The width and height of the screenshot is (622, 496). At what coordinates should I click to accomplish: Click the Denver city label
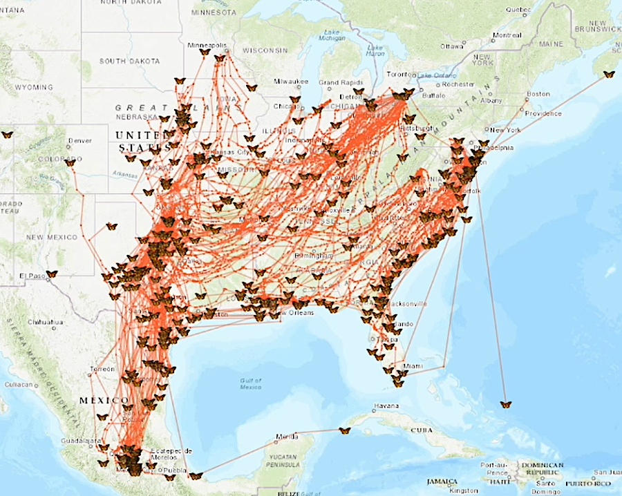pos(79,141)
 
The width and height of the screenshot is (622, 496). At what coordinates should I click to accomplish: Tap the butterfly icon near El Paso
pos(51,274)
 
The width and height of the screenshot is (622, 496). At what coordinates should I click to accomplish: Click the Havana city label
pos(386,405)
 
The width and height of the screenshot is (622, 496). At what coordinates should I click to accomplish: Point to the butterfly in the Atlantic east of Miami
pos(506,404)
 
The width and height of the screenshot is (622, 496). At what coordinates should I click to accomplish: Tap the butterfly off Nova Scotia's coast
pos(608,74)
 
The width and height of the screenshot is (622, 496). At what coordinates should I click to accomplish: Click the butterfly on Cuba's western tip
pos(344,430)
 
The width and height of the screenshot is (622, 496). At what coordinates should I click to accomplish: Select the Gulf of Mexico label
pos(250,383)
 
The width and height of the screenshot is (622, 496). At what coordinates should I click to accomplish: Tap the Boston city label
pos(538,93)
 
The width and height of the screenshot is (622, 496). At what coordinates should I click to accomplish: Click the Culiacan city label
pos(20,384)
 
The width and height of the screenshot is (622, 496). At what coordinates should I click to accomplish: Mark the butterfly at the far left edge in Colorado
pos(7,135)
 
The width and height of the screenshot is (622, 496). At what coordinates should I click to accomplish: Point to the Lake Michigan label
pos(333,35)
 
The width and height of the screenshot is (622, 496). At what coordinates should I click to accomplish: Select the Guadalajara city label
pos(77,439)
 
